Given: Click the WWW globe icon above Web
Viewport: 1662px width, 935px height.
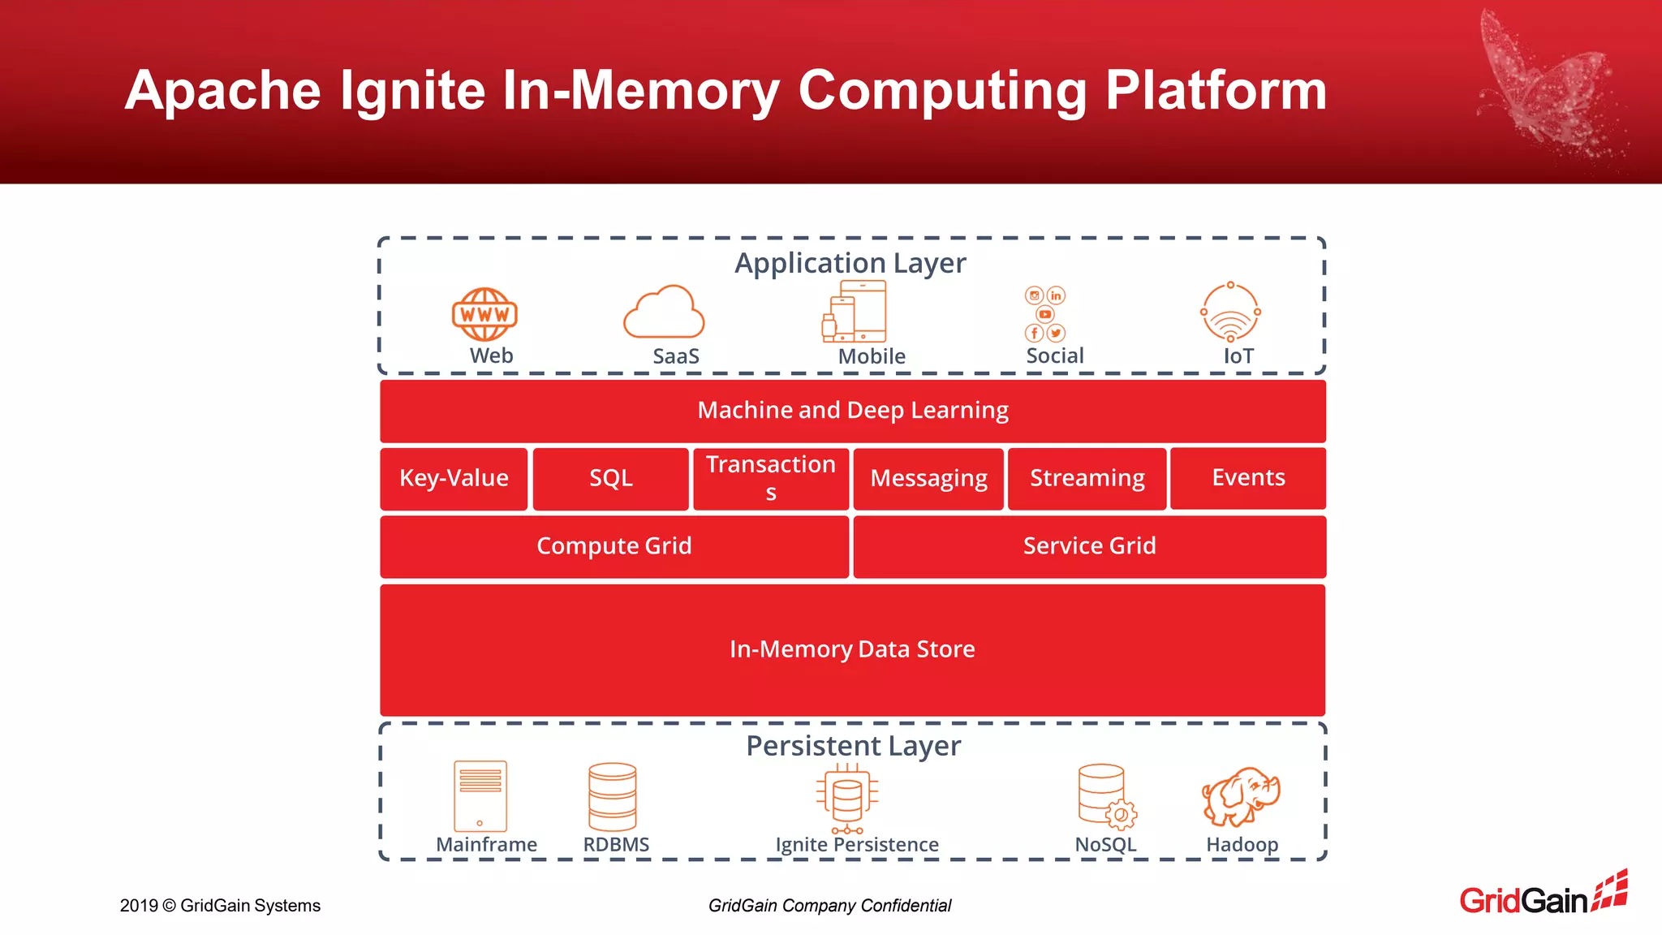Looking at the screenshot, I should [484, 314].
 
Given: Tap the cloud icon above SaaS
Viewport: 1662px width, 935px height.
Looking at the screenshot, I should [664, 312].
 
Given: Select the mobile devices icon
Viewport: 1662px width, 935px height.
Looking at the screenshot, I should [855, 312].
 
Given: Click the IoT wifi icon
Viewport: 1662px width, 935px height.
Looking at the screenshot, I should [1230, 312].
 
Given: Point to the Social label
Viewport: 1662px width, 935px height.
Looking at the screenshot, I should [1054, 355].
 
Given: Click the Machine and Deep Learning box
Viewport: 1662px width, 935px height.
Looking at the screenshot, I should [852, 411].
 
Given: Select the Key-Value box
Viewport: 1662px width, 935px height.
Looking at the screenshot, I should [454, 478].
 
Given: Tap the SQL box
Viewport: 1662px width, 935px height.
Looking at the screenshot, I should [610, 478].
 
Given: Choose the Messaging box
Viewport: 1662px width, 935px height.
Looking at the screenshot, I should [928, 478].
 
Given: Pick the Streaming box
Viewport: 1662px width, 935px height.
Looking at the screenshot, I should [1087, 478].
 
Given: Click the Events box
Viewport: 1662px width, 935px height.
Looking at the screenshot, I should [1247, 477].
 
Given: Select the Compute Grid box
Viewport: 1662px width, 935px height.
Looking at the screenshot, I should [614, 546].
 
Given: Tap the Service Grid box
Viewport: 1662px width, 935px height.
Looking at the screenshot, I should [1089, 546].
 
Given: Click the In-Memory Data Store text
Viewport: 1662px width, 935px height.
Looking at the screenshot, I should [852, 649].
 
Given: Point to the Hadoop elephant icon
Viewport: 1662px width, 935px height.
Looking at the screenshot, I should [1240, 796].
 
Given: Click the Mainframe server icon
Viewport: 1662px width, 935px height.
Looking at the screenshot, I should [480, 795].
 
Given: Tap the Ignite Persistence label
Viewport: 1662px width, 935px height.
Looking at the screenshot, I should [857, 845].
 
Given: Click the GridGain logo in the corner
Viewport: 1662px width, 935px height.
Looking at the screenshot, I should [1543, 894].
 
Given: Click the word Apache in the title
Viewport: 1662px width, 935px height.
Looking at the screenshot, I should [223, 90].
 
